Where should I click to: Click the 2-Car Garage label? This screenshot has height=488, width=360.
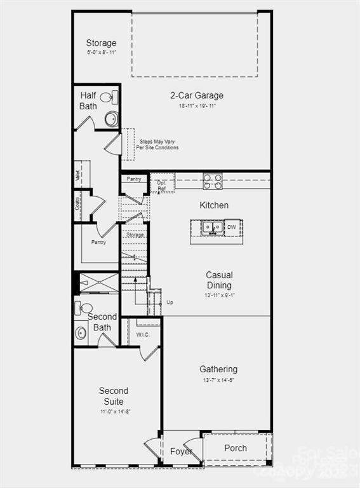[x=196, y=96]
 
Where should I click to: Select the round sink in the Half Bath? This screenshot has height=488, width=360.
[x=111, y=119]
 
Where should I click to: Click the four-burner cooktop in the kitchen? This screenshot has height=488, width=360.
[x=212, y=181]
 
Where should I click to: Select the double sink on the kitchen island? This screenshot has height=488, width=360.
[x=212, y=227]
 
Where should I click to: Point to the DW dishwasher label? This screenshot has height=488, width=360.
[x=232, y=226]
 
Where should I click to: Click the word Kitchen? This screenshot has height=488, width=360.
[x=214, y=205]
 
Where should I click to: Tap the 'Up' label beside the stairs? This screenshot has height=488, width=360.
[x=170, y=302]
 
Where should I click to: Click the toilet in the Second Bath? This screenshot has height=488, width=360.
[x=84, y=308]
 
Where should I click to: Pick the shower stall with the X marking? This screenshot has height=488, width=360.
[x=99, y=283]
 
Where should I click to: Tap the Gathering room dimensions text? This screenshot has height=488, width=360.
[x=218, y=380]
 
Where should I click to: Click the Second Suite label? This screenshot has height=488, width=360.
[x=114, y=396]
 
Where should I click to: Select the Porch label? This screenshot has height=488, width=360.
[x=236, y=448]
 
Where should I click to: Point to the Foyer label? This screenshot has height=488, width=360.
[x=181, y=451]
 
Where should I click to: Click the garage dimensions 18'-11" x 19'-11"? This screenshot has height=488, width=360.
[x=197, y=106]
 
